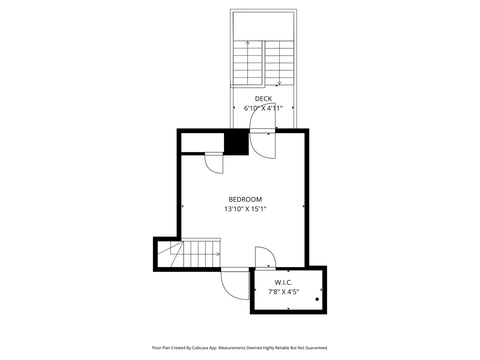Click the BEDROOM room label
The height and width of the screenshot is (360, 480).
pyautogui.click(x=245, y=199)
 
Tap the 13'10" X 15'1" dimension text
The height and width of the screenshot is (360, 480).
pyautogui.click(x=245, y=209)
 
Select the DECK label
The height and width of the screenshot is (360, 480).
pyautogui.click(x=263, y=99)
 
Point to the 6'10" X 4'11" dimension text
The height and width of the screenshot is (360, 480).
pyautogui.click(x=263, y=108)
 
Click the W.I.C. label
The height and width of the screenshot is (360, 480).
pyautogui.click(x=283, y=283)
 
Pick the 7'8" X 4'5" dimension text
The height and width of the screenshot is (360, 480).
pyautogui.click(x=283, y=292)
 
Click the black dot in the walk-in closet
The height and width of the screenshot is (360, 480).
pyautogui.click(x=317, y=299)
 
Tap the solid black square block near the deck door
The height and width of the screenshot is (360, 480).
pyautogui.click(x=237, y=142)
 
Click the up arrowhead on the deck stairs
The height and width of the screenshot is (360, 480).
pyautogui.click(x=248, y=43)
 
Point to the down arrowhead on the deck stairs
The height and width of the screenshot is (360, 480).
pyautogui.click(x=279, y=83)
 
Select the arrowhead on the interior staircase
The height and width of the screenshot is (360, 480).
pyautogui.click(x=218, y=254)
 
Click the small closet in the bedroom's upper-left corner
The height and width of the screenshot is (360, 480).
pyautogui.click(x=202, y=142)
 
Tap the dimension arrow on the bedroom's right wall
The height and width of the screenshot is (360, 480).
pyautogui.click(x=304, y=206)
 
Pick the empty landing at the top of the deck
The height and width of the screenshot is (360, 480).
pyautogui.click(x=263, y=26)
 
